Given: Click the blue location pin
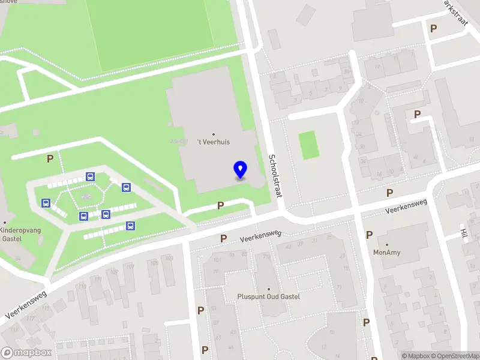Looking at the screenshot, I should [x=240, y=170].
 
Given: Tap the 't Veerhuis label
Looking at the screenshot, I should [x=214, y=142].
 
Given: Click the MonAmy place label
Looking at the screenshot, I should [x=387, y=252].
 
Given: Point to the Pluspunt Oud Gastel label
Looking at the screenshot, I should [x=268, y=296].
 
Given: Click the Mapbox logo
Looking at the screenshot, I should [x=26, y=353].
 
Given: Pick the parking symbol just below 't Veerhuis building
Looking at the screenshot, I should [x=220, y=205].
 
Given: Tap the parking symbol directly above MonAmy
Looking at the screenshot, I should [x=369, y=235].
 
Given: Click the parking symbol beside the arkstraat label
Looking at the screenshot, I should [x=433, y=28].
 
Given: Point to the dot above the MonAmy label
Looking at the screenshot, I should [x=387, y=244].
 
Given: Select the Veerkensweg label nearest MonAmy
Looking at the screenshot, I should [x=406, y=206].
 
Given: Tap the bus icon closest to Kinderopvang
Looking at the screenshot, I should [x=46, y=203].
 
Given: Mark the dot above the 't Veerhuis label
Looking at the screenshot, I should [x=214, y=134].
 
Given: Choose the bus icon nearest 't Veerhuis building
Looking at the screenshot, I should [x=127, y=187].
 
